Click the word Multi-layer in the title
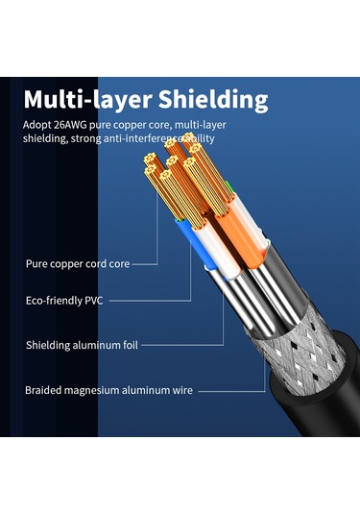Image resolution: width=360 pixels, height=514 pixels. [x=84, y=100]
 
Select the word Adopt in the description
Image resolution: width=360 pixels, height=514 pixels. [x=36, y=125]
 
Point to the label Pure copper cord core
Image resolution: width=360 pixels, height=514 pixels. [x=77, y=261]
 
